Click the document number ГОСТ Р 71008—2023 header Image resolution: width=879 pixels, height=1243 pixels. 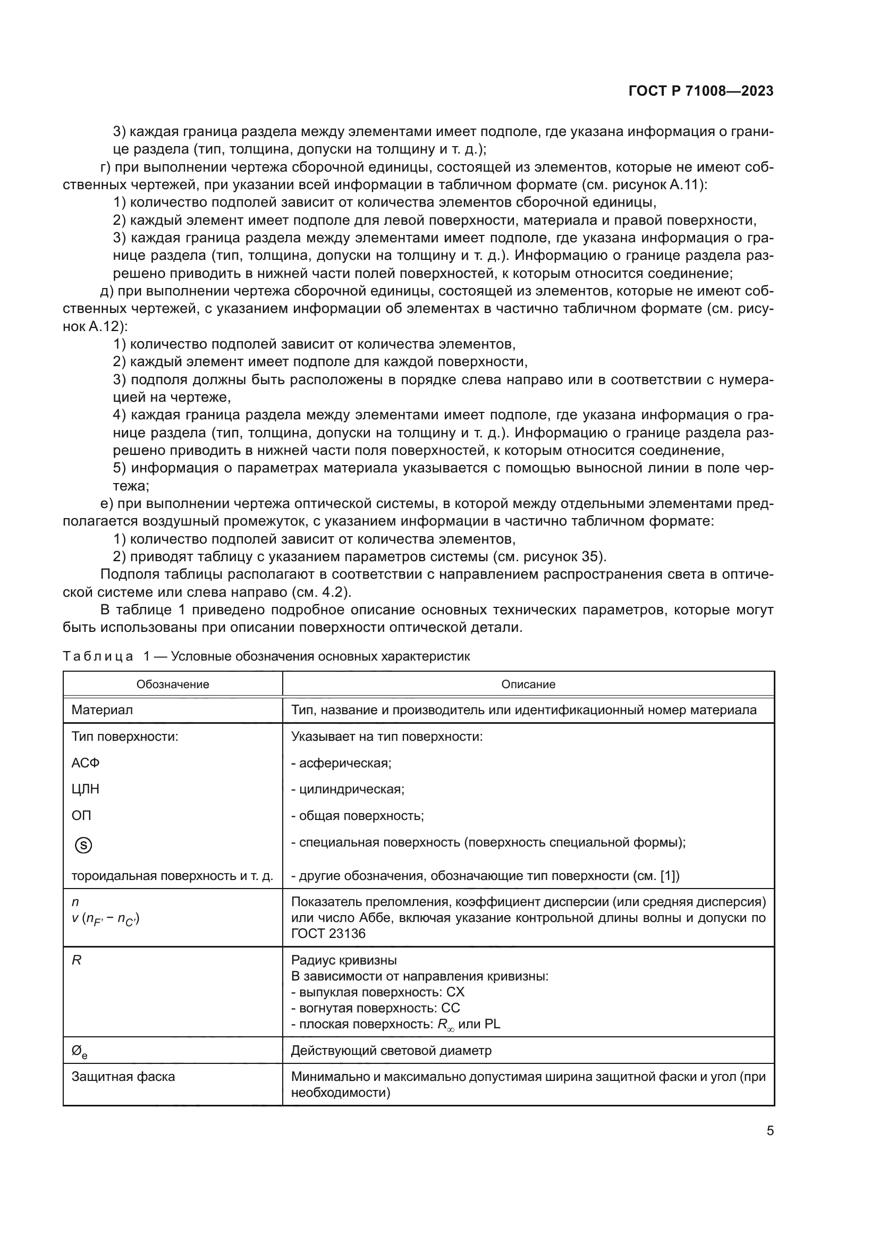click(701, 91)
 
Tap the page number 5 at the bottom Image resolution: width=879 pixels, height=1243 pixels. click(770, 1130)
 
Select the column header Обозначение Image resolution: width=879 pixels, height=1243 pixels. click(173, 684)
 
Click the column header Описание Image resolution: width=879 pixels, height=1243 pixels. click(528, 684)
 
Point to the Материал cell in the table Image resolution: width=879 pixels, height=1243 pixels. click(102, 710)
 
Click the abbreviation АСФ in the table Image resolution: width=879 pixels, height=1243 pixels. click(86, 763)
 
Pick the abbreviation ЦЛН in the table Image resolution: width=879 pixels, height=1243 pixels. click(86, 789)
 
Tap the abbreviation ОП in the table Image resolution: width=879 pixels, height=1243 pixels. click(81, 815)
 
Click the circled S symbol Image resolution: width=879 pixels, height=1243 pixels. click(83, 845)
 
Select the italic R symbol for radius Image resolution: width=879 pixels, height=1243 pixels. click(77, 960)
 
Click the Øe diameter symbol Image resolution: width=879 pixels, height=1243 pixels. click(79, 1052)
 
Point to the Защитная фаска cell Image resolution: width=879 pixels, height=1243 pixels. click(123, 1077)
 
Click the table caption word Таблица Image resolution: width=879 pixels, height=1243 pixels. click(98, 657)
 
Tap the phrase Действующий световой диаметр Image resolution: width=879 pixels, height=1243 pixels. click(391, 1051)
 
